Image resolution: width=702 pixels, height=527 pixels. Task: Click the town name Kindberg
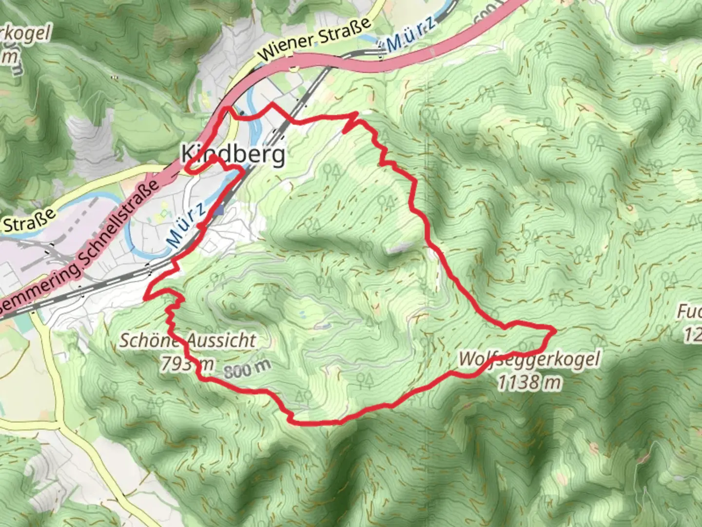[x=233, y=154]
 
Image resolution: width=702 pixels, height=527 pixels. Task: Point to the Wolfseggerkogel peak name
[x=529, y=360]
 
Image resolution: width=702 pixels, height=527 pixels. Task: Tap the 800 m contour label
[x=248, y=369]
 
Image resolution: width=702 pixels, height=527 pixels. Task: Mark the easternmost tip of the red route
[x=554, y=331]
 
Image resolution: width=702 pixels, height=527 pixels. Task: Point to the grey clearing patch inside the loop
[x=398, y=250]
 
